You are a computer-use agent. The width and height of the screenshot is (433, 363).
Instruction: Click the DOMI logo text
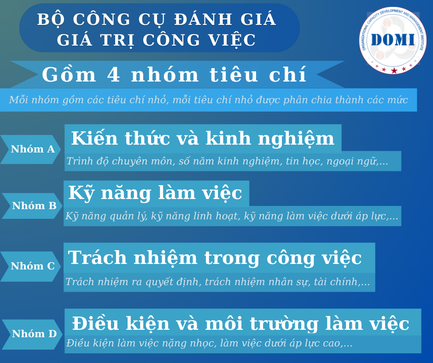(392, 40)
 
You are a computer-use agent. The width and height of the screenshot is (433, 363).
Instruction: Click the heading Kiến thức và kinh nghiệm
(203, 139)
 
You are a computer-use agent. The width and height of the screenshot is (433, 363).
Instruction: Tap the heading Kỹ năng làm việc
(155, 193)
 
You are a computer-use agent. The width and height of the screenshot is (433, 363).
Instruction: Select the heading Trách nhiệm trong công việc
(215, 258)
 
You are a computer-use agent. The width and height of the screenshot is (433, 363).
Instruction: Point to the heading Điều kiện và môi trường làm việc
(240, 323)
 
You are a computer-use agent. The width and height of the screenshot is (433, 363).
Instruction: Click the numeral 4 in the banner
(113, 75)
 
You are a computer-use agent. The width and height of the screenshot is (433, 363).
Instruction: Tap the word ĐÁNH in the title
(203, 19)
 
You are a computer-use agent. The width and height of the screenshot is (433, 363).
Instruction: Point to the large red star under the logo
(394, 71)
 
